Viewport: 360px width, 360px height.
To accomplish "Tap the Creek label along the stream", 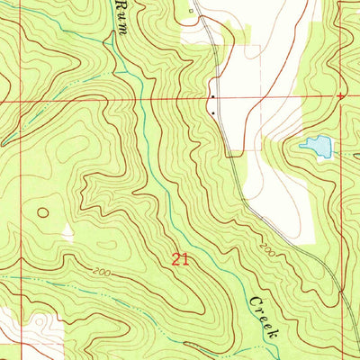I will [x=264, y=315].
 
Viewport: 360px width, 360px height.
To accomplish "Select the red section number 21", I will [x=181, y=259].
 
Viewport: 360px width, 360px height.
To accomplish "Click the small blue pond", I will [x=316, y=145].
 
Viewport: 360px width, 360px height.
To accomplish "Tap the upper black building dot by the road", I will [x=211, y=97].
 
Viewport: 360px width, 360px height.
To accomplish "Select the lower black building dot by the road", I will [x=212, y=113].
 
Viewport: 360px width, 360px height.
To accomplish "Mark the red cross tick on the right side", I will [x=340, y=96].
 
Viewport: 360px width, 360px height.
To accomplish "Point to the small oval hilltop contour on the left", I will [x=41, y=213].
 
